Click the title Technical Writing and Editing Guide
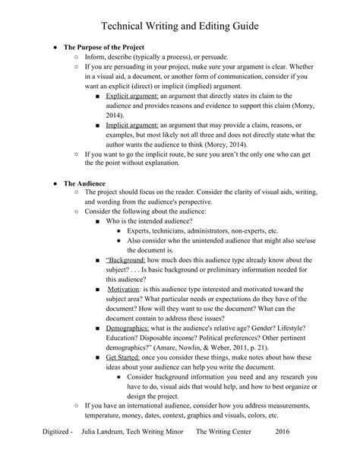click(x=180, y=26)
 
